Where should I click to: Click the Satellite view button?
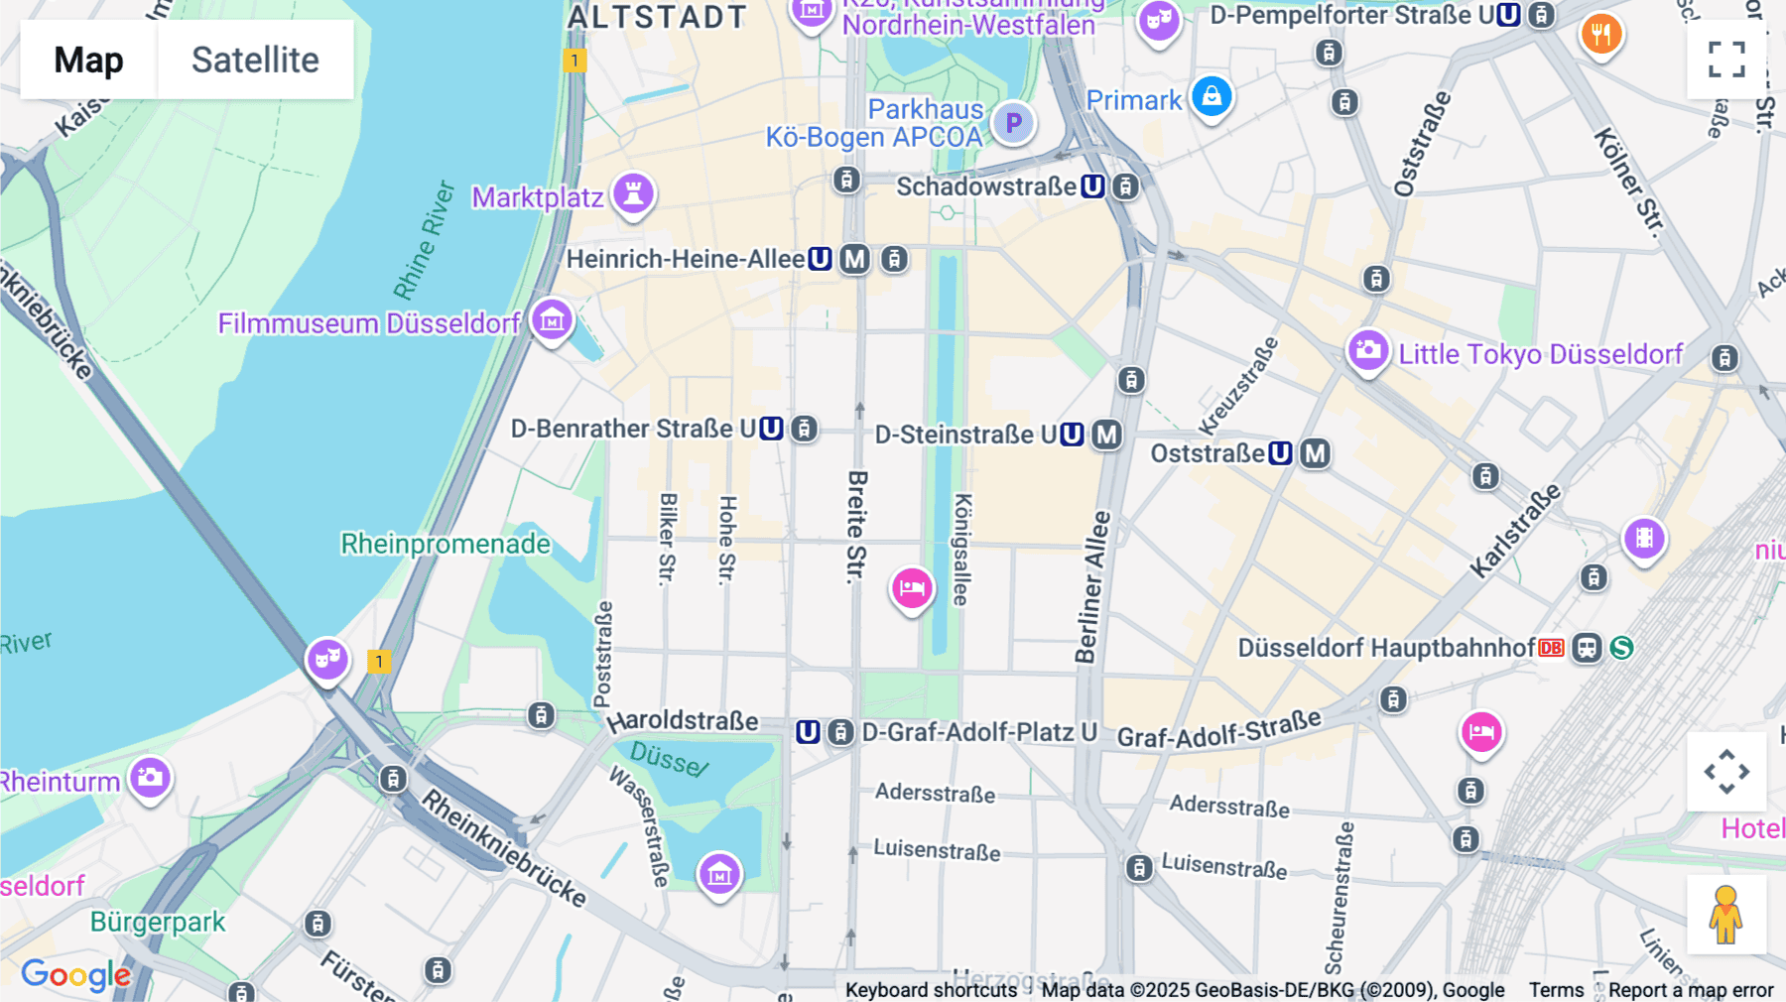[x=255, y=61]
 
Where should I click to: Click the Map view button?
[x=88, y=61]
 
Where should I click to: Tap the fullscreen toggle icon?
[x=1726, y=60]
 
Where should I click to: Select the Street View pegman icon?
[x=1725, y=915]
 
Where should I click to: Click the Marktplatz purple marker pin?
[x=633, y=193]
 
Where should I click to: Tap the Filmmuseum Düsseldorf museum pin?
[x=552, y=320]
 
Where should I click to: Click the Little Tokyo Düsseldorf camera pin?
[x=1367, y=351]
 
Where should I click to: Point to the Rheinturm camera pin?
[x=150, y=779]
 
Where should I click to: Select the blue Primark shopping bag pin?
[x=1212, y=97]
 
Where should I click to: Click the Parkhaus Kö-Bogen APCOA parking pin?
[x=1013, y=124]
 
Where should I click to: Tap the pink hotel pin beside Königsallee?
[x=911, y=589]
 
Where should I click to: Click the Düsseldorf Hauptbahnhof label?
[x=1386, y=648]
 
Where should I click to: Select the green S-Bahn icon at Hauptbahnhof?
[x=1621, y=648]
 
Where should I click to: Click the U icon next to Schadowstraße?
[x=1092, y=187]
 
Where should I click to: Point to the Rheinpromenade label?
[x=446, y=544]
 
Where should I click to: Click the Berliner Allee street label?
[x=1092, y=586]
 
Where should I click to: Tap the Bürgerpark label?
[x=158, y=922]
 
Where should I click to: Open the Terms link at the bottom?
[x=1556, y=989]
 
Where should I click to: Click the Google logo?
[x=75, y=975]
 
